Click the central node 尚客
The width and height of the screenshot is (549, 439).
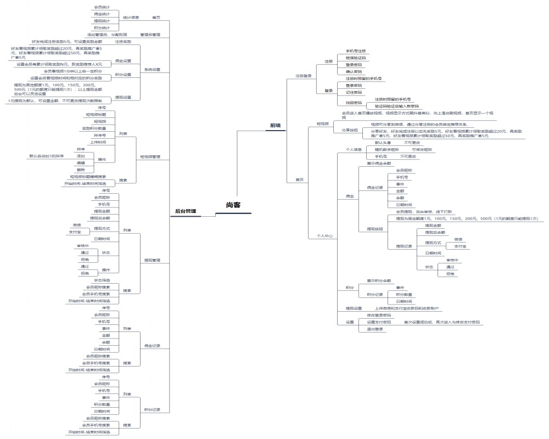coord(233,205)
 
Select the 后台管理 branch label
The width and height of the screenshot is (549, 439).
coord(186,211)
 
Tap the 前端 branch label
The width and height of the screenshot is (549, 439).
coord(275,126)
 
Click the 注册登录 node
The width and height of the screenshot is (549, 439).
coord(304,76)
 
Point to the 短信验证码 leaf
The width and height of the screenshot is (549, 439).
coord(355,58)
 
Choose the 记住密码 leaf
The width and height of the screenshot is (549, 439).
coord(354,92)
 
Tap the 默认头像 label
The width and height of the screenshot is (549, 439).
coord(383,143)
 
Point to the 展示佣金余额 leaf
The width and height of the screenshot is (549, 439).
coord(379,164)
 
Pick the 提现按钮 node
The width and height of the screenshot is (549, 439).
coord(376,228)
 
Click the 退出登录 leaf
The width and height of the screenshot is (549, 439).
coord(375,329)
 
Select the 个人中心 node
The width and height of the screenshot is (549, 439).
coord(324,235)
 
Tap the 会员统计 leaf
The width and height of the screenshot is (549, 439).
coord(102,7)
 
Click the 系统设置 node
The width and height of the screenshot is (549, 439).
coord(153,70)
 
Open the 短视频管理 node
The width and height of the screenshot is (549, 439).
coord(150,157)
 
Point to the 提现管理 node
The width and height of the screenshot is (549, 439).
coord(152,260)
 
